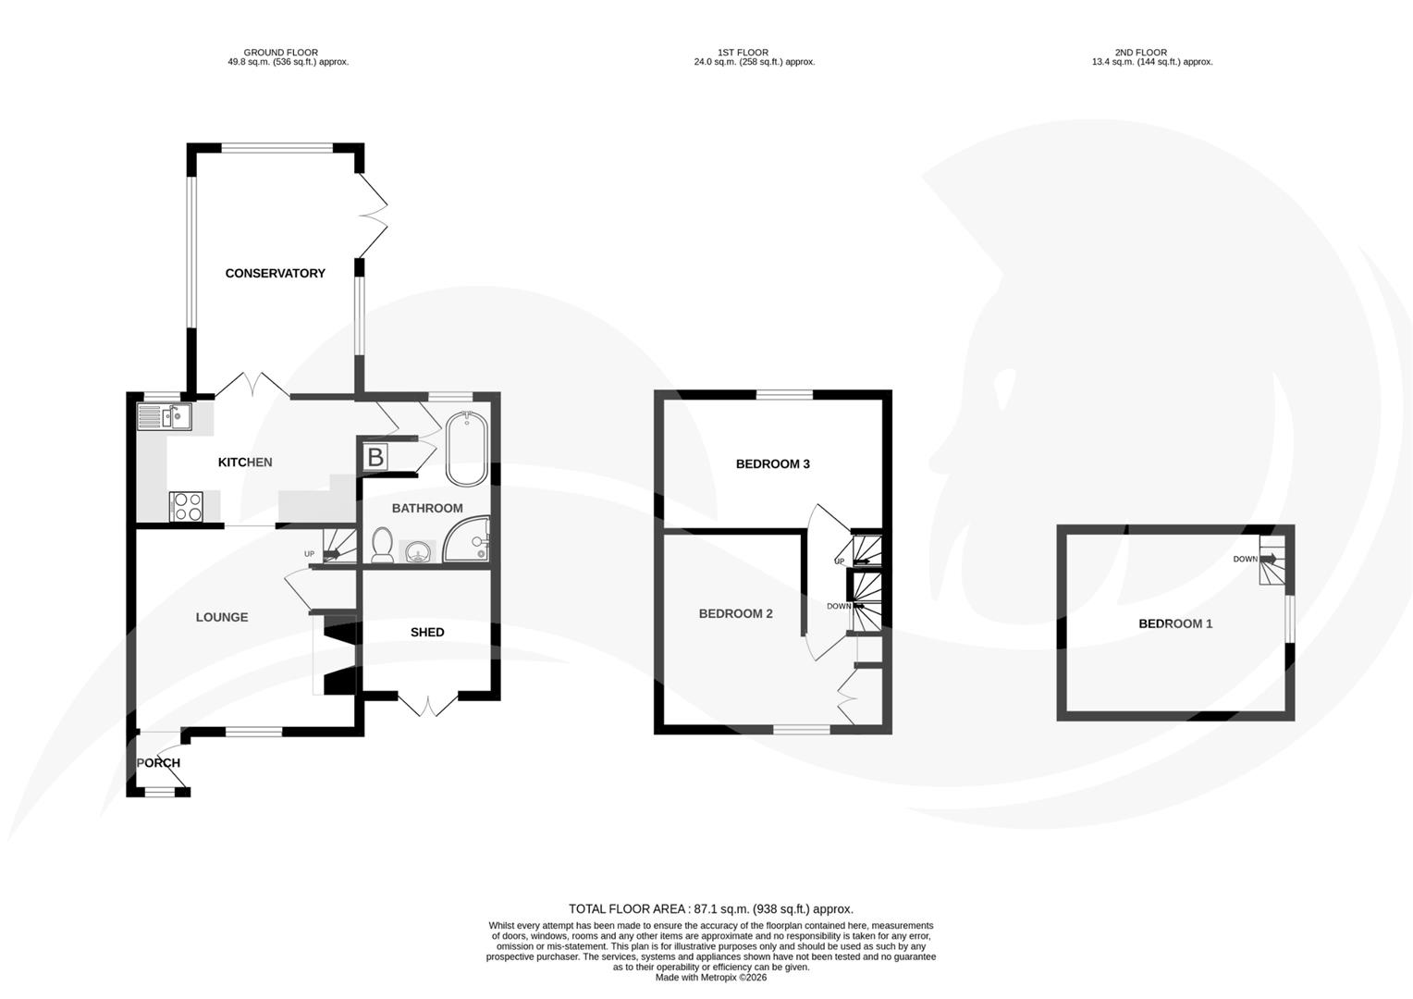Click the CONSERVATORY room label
(275, 273)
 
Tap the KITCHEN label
(244, 462)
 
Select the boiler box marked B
(375, 457)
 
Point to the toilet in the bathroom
(381, 546)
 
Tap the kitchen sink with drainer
(164, 418)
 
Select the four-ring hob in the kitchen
(187, 507)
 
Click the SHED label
(427, 632)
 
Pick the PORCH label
(158, 763)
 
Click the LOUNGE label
(222, 617)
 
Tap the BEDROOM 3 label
(772, 463)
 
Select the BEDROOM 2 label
(735, 613)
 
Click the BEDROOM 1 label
(1174, 623)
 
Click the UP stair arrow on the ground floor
(331, 554)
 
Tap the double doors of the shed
(427, 705)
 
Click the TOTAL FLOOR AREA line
(710, 909)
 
